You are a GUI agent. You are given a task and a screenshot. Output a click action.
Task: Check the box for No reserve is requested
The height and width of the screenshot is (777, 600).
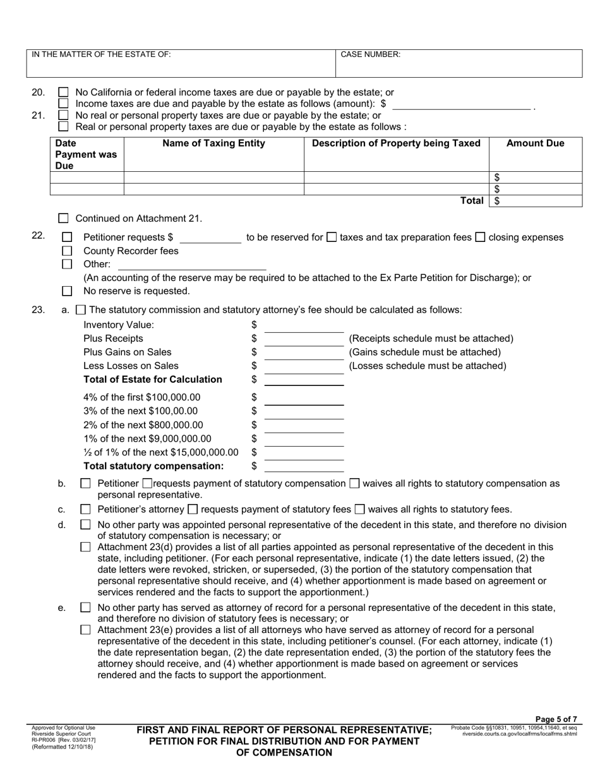click(67, 291)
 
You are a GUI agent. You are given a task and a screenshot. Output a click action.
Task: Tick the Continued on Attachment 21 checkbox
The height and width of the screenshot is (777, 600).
click(63, 219)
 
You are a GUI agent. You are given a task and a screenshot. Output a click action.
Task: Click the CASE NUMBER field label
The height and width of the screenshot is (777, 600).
click(370, 55)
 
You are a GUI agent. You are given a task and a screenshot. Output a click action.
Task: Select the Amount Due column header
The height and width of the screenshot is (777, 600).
click(535, 143)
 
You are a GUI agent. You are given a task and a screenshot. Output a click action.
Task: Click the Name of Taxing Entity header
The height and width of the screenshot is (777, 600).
click(213, 143)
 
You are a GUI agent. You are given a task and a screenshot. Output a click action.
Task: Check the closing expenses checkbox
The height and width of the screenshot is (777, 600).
click(480, 238)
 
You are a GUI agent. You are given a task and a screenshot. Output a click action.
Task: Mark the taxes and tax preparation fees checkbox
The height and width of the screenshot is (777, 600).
click(332, 238)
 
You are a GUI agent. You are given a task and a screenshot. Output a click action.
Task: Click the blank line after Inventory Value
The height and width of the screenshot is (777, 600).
click(304, 325)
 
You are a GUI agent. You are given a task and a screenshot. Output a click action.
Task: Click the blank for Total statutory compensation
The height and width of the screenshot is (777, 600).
click(304, 466)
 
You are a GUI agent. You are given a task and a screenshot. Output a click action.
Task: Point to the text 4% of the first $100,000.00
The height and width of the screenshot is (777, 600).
click(141, 397)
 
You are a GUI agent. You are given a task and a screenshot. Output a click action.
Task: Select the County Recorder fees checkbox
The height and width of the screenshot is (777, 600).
click(67, 251)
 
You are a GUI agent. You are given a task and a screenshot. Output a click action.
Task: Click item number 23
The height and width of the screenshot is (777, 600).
click(38, 310)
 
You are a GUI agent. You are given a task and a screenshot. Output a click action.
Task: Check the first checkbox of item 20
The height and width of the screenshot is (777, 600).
click(63, 92)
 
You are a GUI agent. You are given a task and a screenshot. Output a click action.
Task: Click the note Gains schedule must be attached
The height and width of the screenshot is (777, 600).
click(424, 352)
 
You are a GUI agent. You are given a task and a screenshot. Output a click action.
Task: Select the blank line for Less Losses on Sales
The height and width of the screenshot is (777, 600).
click(304, 366)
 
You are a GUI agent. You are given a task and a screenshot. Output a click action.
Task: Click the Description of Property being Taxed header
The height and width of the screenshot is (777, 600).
click(396, 143)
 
